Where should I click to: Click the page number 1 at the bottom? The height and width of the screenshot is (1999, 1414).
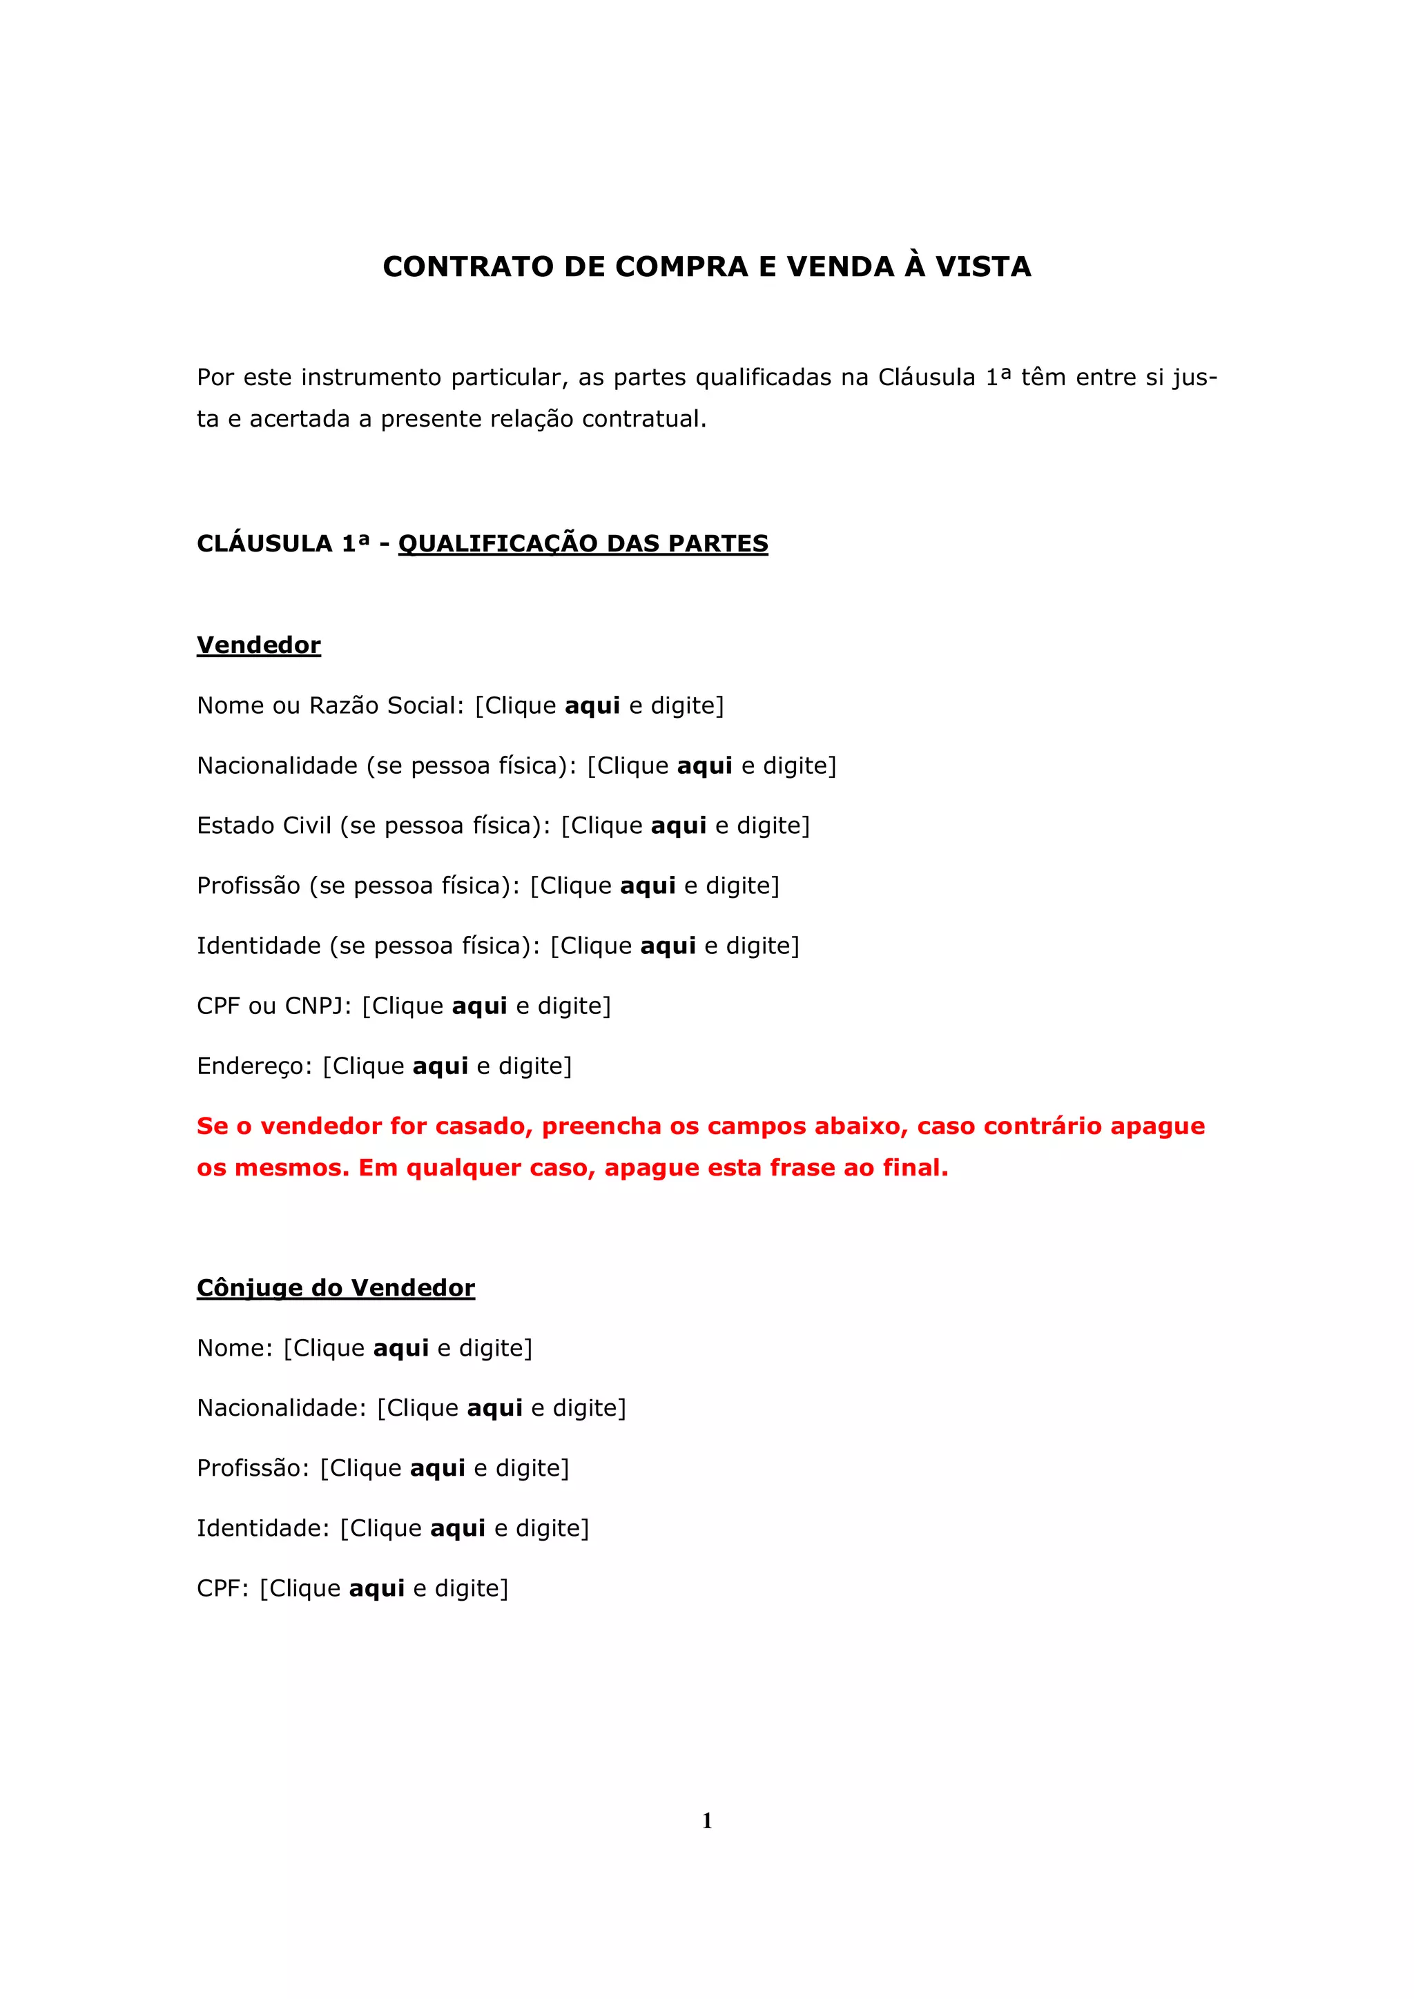point(707,1820)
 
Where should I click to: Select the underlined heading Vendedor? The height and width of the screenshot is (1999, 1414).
point(259,645)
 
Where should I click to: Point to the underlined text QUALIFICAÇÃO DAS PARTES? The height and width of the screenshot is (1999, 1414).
point(583,543)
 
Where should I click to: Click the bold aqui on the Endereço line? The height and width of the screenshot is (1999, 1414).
point(440,1066)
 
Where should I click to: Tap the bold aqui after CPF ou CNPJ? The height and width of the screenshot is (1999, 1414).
point(479,1006)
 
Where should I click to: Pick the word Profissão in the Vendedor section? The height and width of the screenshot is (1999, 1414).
point(248,886)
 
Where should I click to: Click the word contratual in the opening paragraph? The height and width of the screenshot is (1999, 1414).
point(643,419)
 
